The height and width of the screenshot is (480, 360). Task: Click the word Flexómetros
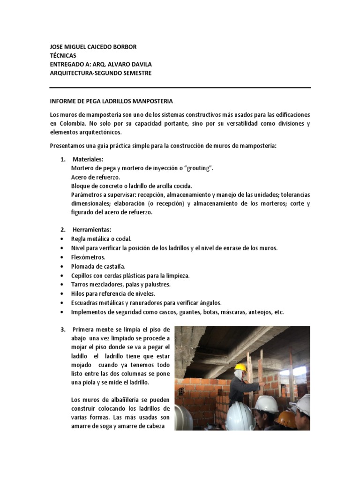88,257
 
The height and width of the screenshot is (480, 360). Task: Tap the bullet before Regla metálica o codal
62,239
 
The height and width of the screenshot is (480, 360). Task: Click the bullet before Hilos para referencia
62,294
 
